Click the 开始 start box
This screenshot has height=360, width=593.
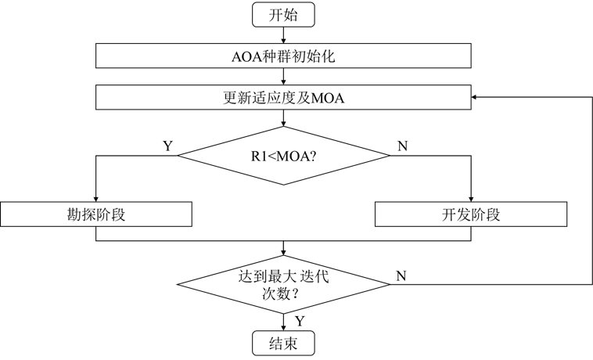coord(282,14)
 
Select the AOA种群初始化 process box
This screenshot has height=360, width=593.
coord(282,56)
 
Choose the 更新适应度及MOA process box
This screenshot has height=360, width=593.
coord(282,98)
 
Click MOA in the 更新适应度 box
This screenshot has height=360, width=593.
coord(328,98)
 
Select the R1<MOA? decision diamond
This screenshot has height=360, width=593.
coord(282,155)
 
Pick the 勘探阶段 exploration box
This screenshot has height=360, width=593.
coord(95,215)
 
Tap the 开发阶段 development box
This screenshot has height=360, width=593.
coord(471,215)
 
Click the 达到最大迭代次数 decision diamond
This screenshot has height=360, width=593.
coord(282,286)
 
